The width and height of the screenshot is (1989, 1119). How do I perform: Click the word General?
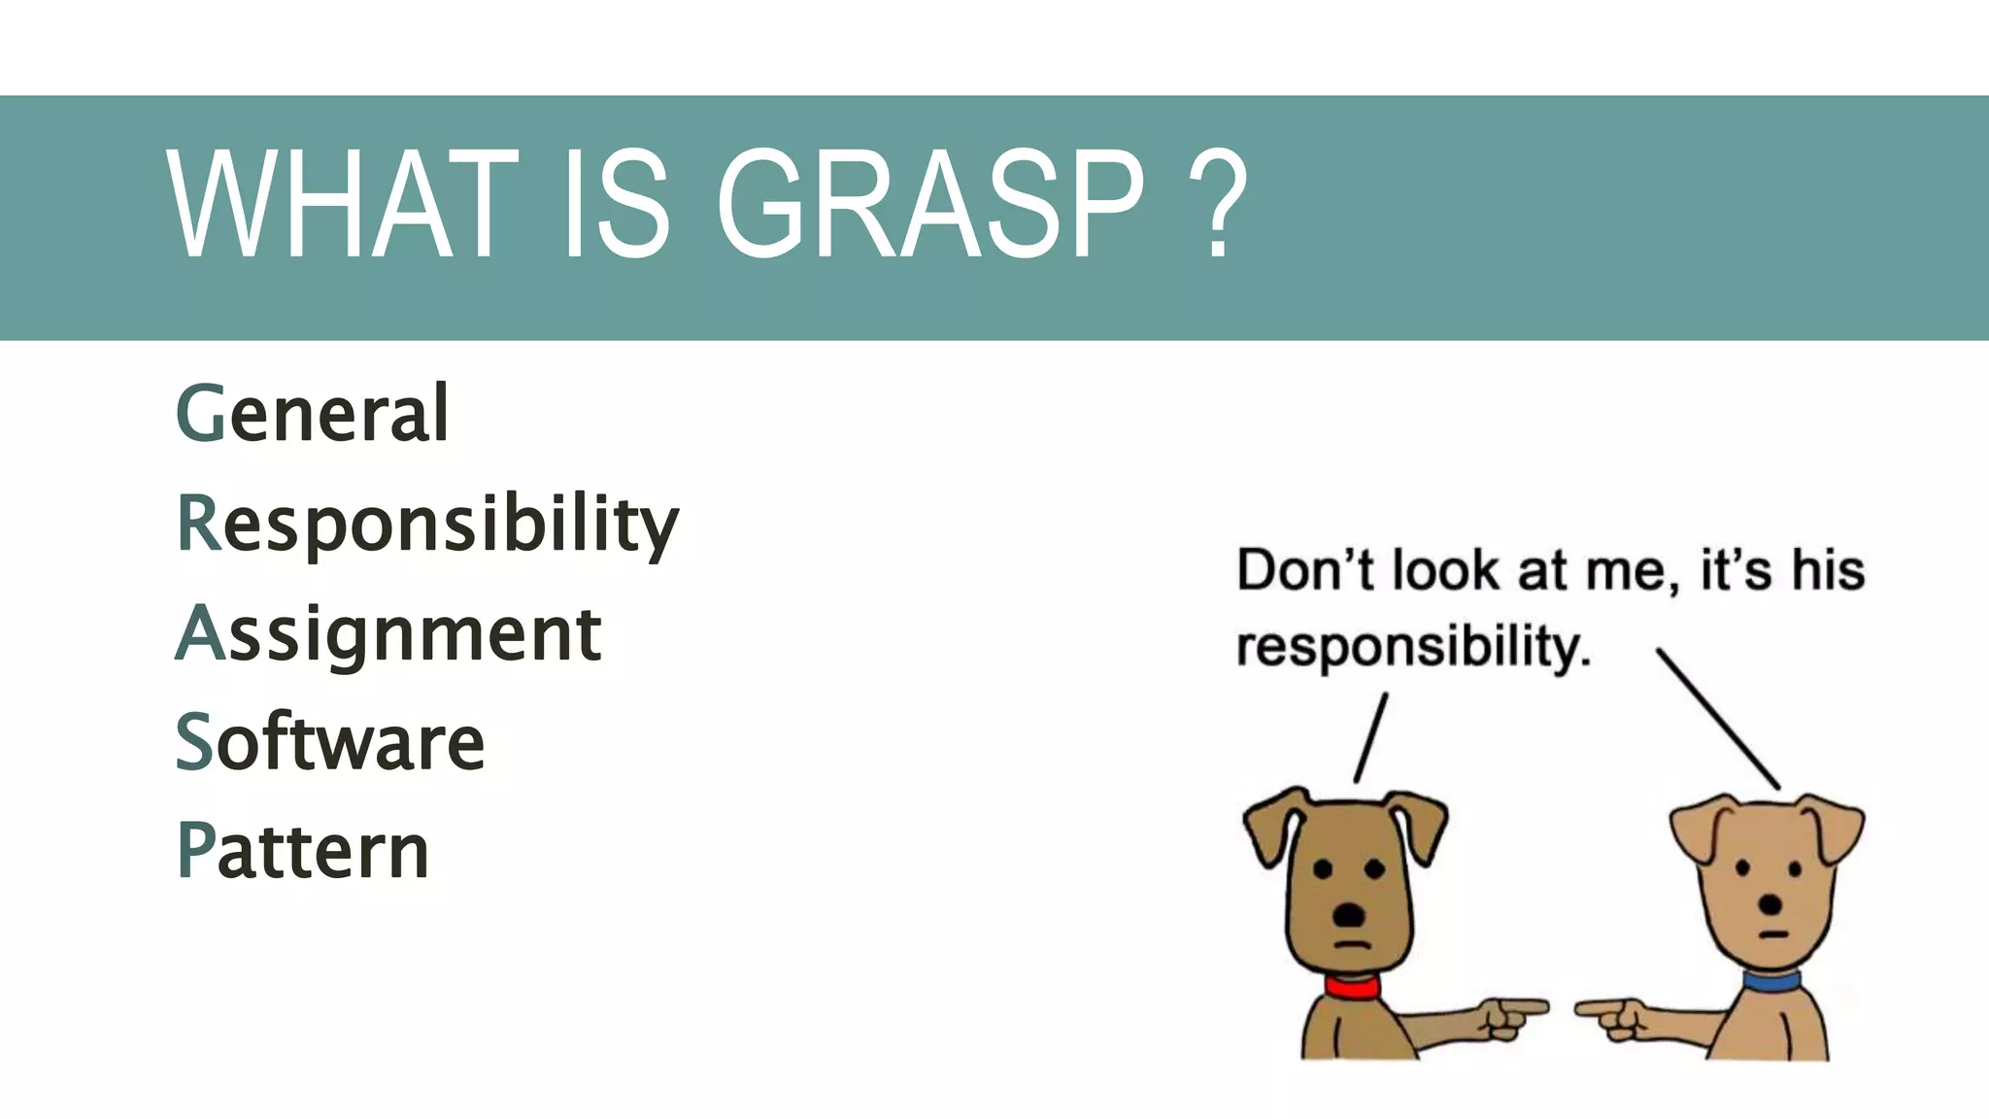(x=313, y=414)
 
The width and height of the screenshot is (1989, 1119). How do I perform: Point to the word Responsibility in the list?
(x=427, y=525)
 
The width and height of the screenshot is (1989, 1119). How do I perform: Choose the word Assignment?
(x=388, y=633)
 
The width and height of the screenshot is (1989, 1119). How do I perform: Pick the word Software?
(x=330, y=742)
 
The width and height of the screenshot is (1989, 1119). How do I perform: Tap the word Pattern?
(x=303, y=851)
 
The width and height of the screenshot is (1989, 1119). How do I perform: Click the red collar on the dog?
(x=1352, y=987)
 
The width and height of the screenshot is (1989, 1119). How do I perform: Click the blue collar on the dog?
(x=1771, y=980)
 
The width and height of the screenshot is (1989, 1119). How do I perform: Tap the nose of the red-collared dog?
(x=1349, y=913)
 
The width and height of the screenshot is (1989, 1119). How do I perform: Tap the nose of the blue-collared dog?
(x=1770, y=904)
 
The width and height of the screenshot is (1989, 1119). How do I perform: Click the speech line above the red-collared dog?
(x=1370, y=737)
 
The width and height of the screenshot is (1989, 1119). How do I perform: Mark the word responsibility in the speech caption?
(x=1413, y=647)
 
